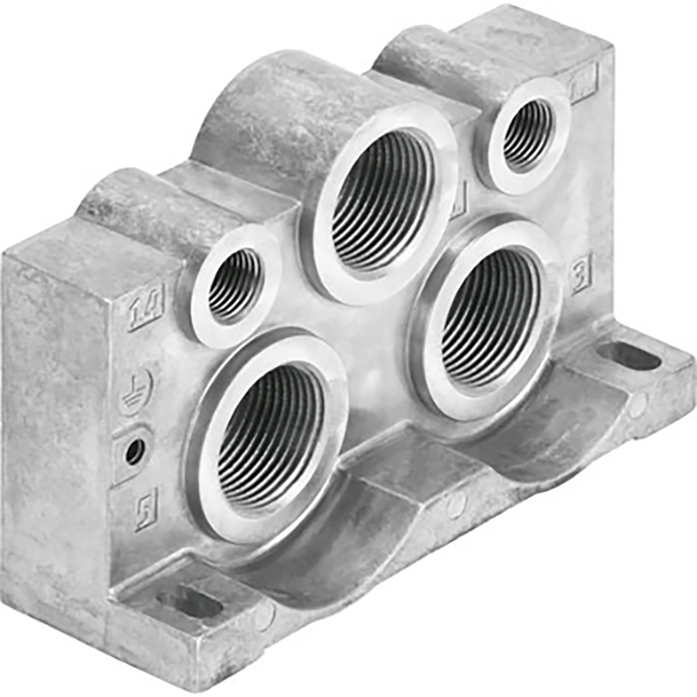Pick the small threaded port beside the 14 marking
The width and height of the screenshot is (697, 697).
[x=235, y=285]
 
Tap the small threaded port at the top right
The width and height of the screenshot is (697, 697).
[x=527, y=134]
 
